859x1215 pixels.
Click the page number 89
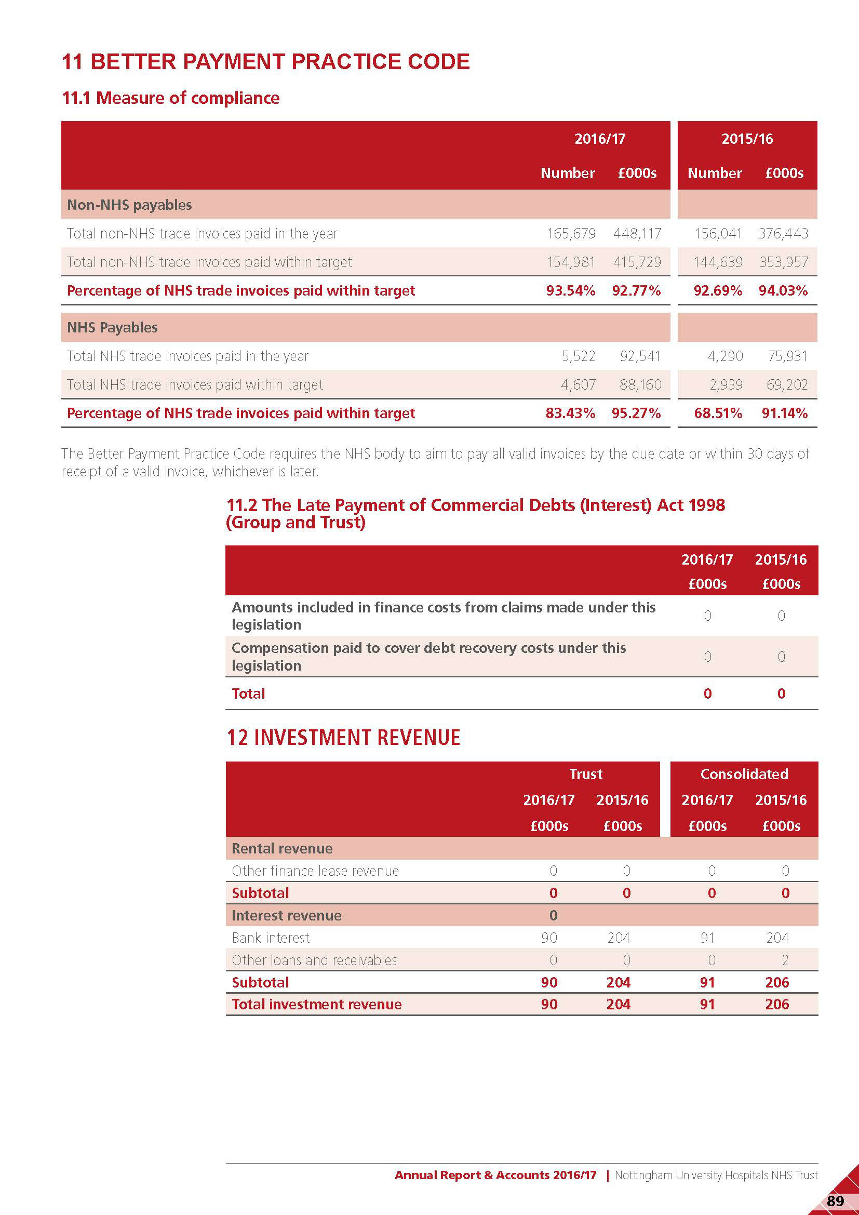pos(835,1200)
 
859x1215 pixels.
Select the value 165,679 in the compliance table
pos(571,233)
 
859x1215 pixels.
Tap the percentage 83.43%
pos(570,413)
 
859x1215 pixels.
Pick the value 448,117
pos(637,233)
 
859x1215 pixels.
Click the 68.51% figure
pos(718,413)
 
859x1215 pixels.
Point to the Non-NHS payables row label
pos(129,205)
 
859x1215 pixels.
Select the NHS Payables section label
pos(112,328)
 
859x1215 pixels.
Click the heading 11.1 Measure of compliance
pos(170,98)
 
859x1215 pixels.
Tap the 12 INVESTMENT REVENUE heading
pos(343,738)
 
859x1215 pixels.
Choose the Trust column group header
pos(585,774)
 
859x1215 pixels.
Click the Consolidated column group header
pos(744,774)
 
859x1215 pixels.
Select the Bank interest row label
pos(270,938)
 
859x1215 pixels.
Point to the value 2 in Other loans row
pos(785,960)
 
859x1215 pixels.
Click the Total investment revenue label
pos(316,1005)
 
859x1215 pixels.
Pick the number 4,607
pos(578,385)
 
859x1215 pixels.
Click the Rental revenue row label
pos(282,849)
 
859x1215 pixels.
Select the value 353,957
pos(783,262)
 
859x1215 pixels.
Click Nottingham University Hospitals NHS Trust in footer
pos(716,1175)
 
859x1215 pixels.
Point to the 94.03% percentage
pos(783,290)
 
